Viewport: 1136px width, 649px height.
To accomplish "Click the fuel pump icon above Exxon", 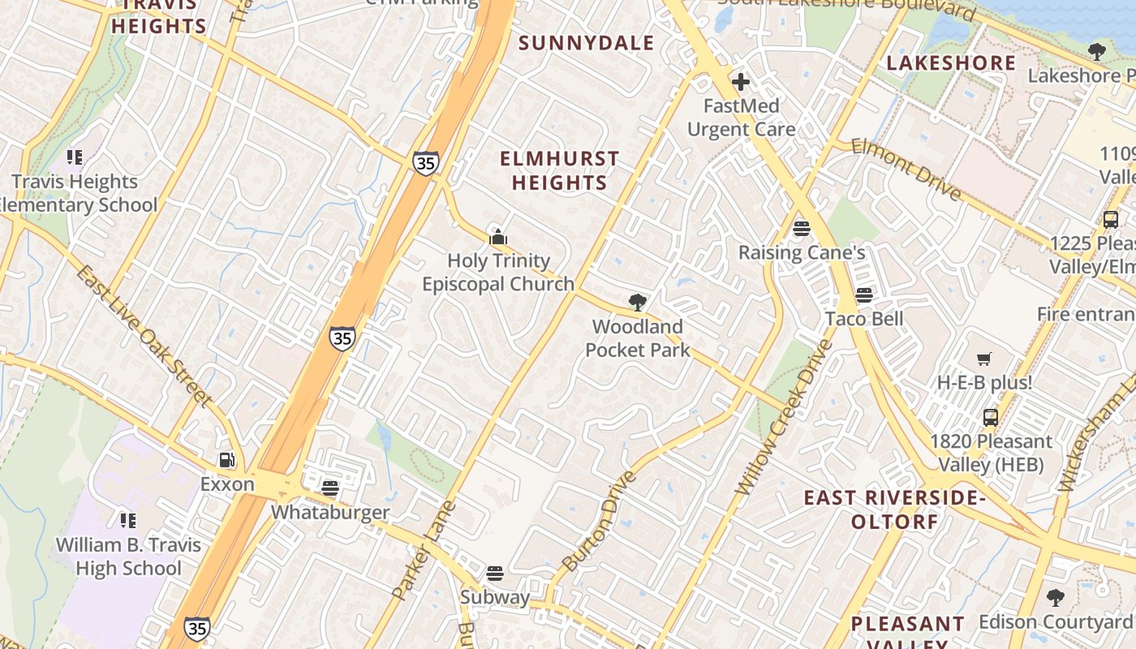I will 227,460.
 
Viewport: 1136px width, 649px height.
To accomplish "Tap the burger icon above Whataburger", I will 329,488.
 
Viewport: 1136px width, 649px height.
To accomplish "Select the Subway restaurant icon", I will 494,573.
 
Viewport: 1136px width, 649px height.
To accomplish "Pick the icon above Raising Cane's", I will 802,228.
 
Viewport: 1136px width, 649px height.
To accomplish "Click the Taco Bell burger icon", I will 863,294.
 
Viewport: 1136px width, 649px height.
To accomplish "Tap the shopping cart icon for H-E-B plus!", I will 984,359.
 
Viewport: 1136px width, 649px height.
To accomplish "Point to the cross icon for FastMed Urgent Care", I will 740,82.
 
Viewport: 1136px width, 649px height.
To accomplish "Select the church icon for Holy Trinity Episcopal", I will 498,237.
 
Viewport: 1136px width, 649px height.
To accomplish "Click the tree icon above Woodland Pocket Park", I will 638,303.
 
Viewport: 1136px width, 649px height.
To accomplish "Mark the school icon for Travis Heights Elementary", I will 75,157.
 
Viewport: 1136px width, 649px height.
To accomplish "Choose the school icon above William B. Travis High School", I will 127,520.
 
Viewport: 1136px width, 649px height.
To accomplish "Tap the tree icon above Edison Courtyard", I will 1055,598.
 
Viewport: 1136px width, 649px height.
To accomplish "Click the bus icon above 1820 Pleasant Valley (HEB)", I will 990,418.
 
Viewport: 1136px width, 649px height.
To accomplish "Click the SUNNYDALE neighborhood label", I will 586,43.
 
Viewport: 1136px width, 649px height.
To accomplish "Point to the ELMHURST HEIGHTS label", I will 559,170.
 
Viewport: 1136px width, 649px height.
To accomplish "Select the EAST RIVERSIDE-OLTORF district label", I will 894,509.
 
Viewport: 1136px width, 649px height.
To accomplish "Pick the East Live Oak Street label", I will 144,335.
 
